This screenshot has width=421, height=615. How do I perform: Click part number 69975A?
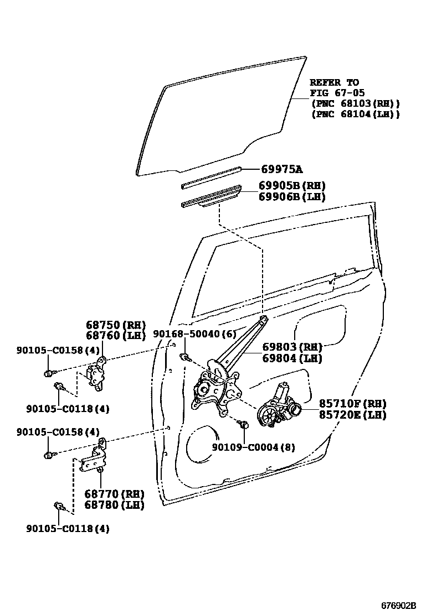285,169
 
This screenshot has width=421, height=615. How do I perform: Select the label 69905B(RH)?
292,186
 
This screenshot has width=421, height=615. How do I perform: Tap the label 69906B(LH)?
292,196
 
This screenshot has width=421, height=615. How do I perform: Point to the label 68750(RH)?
115,325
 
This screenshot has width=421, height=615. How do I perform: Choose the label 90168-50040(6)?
194,334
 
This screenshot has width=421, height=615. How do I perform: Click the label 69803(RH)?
292,347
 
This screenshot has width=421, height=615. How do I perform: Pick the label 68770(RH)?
115,494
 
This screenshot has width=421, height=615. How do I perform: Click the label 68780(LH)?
115,505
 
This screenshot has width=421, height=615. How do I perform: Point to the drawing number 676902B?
397,605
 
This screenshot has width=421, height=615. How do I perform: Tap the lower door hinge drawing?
97,457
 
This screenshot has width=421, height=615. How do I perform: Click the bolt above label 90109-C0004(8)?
242,425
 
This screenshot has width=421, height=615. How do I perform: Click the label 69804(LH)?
291,358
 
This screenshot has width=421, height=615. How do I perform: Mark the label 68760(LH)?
115,336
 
